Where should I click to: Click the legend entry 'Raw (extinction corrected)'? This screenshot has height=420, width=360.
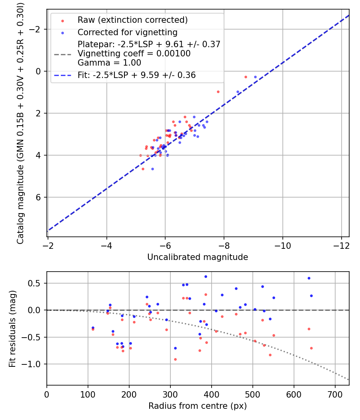(132, 20)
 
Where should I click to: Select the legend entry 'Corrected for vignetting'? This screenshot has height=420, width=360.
(128, 32)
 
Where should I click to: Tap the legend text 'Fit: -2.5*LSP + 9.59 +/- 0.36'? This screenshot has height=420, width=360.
(137, 75)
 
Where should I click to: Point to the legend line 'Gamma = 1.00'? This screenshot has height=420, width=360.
(109, 63)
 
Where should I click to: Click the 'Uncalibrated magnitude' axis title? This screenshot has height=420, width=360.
(198, 257)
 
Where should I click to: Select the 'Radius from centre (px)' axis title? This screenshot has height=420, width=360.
(198, 406)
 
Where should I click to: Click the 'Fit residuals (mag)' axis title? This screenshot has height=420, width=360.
(12, 329)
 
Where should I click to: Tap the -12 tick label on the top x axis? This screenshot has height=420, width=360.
(341, 246)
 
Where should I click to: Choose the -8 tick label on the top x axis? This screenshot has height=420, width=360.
(224, 246)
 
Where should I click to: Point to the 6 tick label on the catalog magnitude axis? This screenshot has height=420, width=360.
(38, 198)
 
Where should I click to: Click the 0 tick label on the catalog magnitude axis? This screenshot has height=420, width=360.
(38, 71)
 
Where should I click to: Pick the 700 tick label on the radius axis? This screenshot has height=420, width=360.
(335, 394)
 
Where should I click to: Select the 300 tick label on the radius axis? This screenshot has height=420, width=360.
(170, 394)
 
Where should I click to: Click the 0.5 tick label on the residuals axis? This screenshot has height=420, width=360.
(34, 283)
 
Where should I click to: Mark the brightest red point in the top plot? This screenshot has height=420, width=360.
(246, 77)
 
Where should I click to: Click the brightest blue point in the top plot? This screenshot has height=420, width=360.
(255, 77)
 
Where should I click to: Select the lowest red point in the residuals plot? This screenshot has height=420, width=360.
(175, 360)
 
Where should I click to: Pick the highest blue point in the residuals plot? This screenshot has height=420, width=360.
(206, 277)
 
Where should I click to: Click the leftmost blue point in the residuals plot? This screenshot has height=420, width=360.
(93, 328)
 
